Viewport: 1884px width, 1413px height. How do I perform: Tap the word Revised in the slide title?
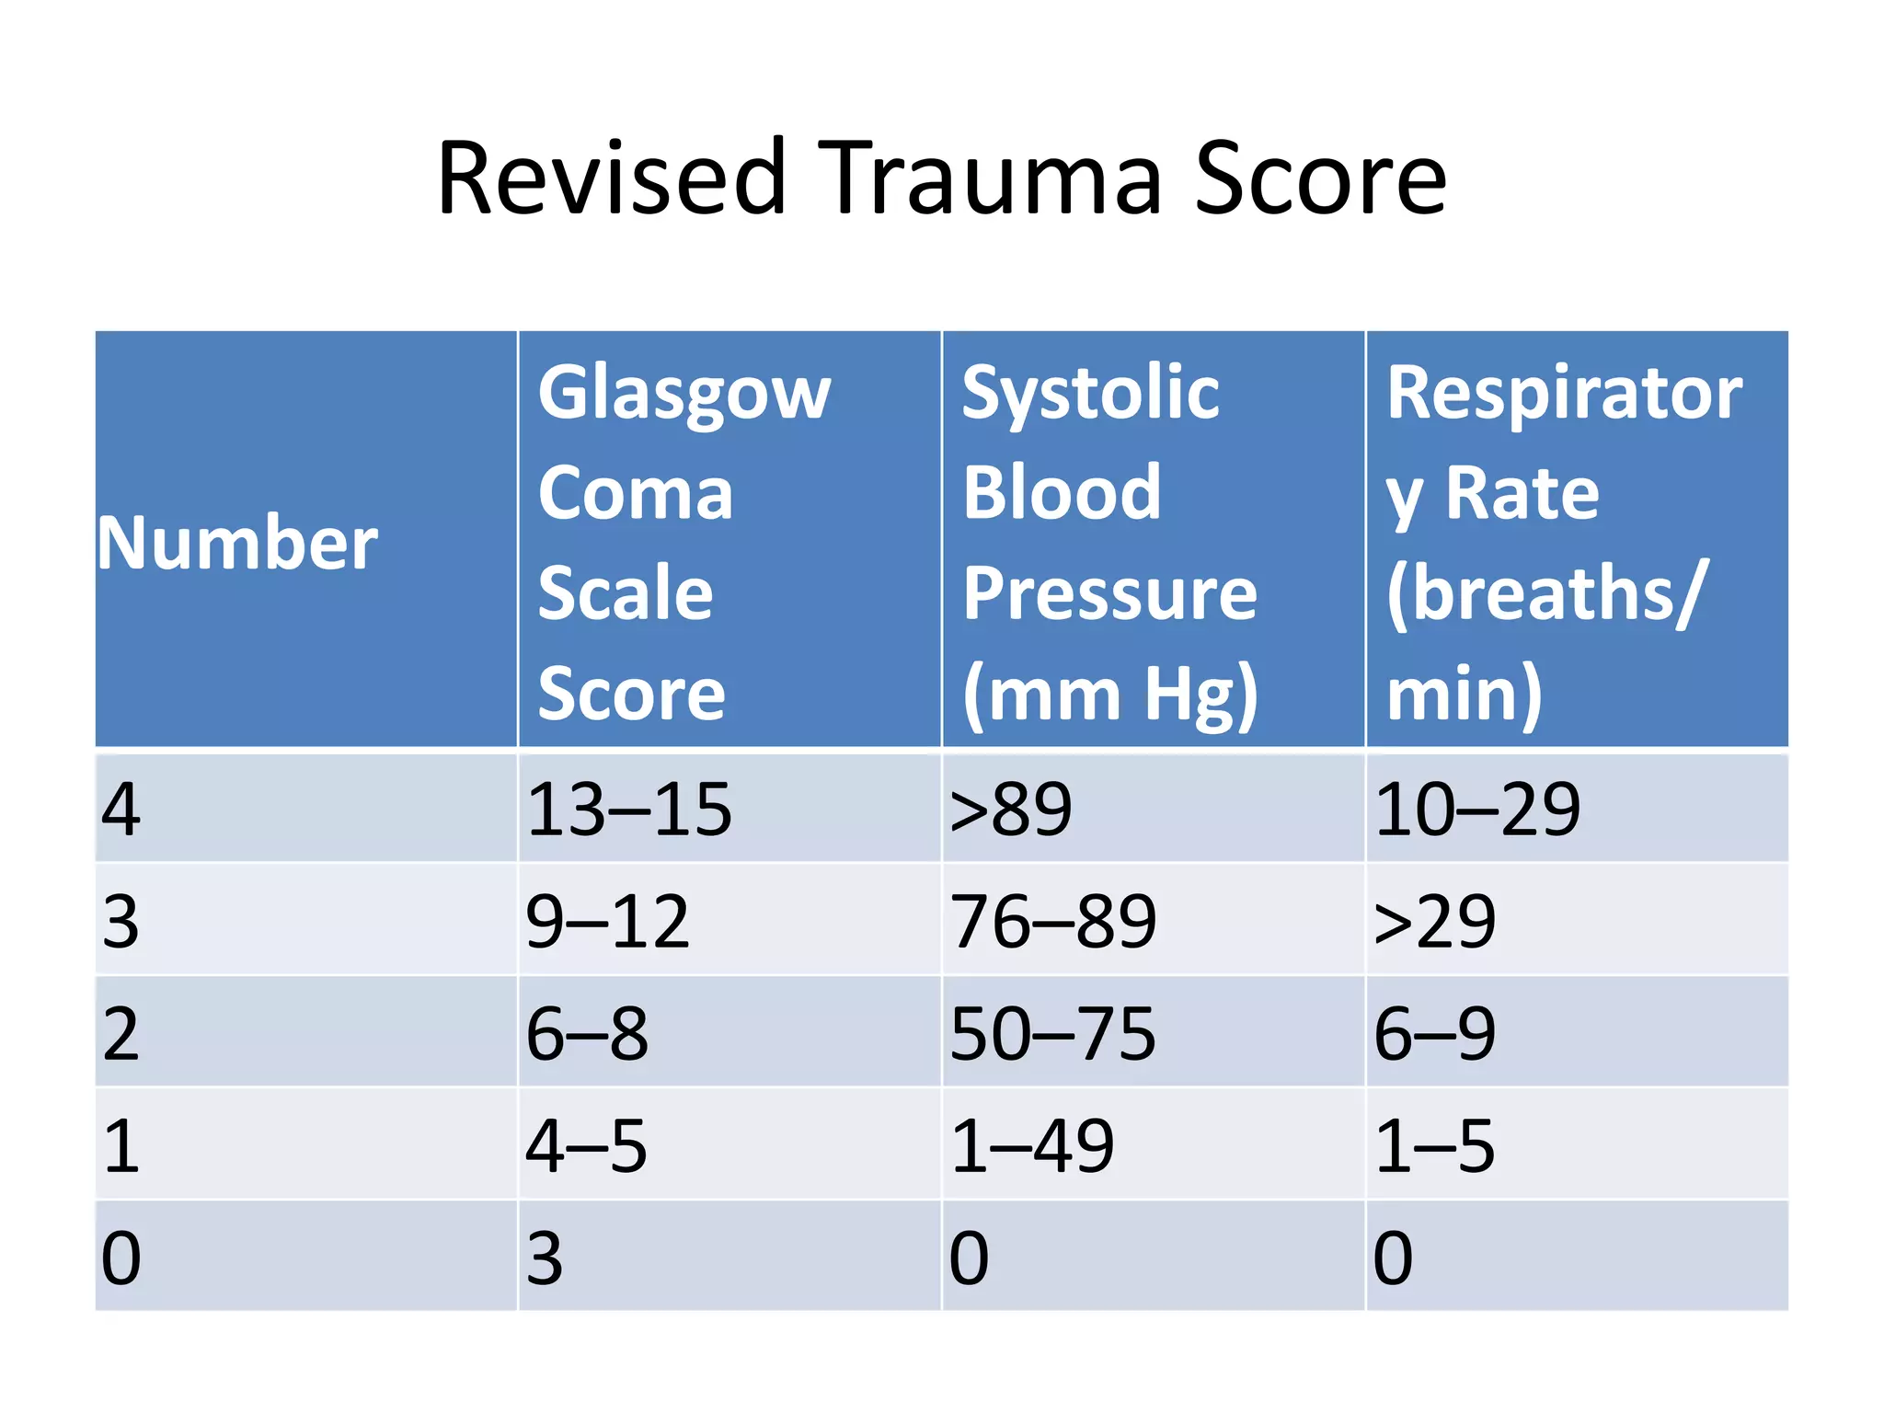612,178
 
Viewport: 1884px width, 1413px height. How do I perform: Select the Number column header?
237,543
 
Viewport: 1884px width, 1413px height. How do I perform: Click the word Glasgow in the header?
684,394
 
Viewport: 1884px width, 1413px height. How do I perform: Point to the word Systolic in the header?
1090,394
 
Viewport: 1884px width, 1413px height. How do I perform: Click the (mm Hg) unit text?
1109,695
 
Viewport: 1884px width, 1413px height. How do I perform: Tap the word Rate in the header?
1522,494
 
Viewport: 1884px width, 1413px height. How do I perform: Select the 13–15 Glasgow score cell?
629,810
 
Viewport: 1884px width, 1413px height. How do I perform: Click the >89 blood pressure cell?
1011,810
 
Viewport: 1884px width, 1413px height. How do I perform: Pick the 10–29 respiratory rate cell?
1477,810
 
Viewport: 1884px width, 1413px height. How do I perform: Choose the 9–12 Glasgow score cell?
607,922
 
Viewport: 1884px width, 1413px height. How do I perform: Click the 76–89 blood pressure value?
1053,922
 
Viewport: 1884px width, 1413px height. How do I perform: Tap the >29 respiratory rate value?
1434,922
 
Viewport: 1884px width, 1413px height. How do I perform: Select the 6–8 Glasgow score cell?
587,1034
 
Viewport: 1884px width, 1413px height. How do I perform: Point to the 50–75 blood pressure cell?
1052,1034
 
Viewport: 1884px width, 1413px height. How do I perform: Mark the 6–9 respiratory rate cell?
1434,1034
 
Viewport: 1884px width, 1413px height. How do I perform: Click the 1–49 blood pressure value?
1032,1146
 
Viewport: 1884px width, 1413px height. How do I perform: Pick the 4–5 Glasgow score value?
586,1146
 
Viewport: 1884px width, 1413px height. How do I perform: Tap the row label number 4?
121,810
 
